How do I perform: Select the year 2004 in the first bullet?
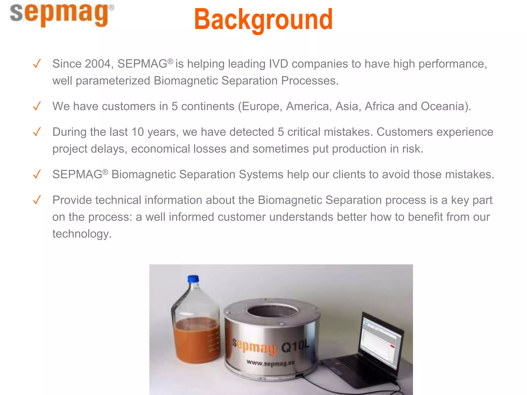[98, 64]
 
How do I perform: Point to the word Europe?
[260, 106]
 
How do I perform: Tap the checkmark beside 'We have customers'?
[37, 106]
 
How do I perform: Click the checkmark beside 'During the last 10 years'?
[37, 132]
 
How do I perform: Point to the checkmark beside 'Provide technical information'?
[37, 200]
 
